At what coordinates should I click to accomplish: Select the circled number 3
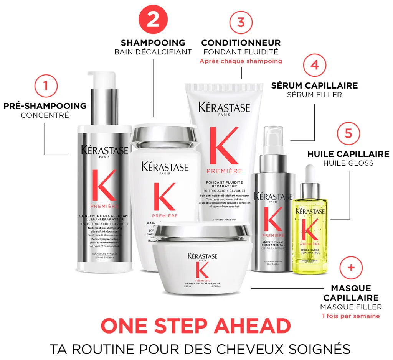pos(241,22)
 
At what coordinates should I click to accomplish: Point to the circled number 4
pos(315,65)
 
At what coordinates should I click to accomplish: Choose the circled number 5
pos(348,133)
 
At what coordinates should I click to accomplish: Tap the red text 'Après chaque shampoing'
pos(241,61)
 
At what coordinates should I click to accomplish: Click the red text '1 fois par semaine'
pos(351,316)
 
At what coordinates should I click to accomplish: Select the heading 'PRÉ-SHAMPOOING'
pos(45,106)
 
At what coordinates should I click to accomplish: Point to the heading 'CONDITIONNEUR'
pos(241,43)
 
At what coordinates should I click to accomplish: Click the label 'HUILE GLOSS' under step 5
pos(348,163)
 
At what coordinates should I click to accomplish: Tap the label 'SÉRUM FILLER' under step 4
pos(314,95)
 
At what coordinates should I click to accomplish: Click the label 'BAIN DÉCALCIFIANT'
pos(153,52)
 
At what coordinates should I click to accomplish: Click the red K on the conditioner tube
pos(224,146)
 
